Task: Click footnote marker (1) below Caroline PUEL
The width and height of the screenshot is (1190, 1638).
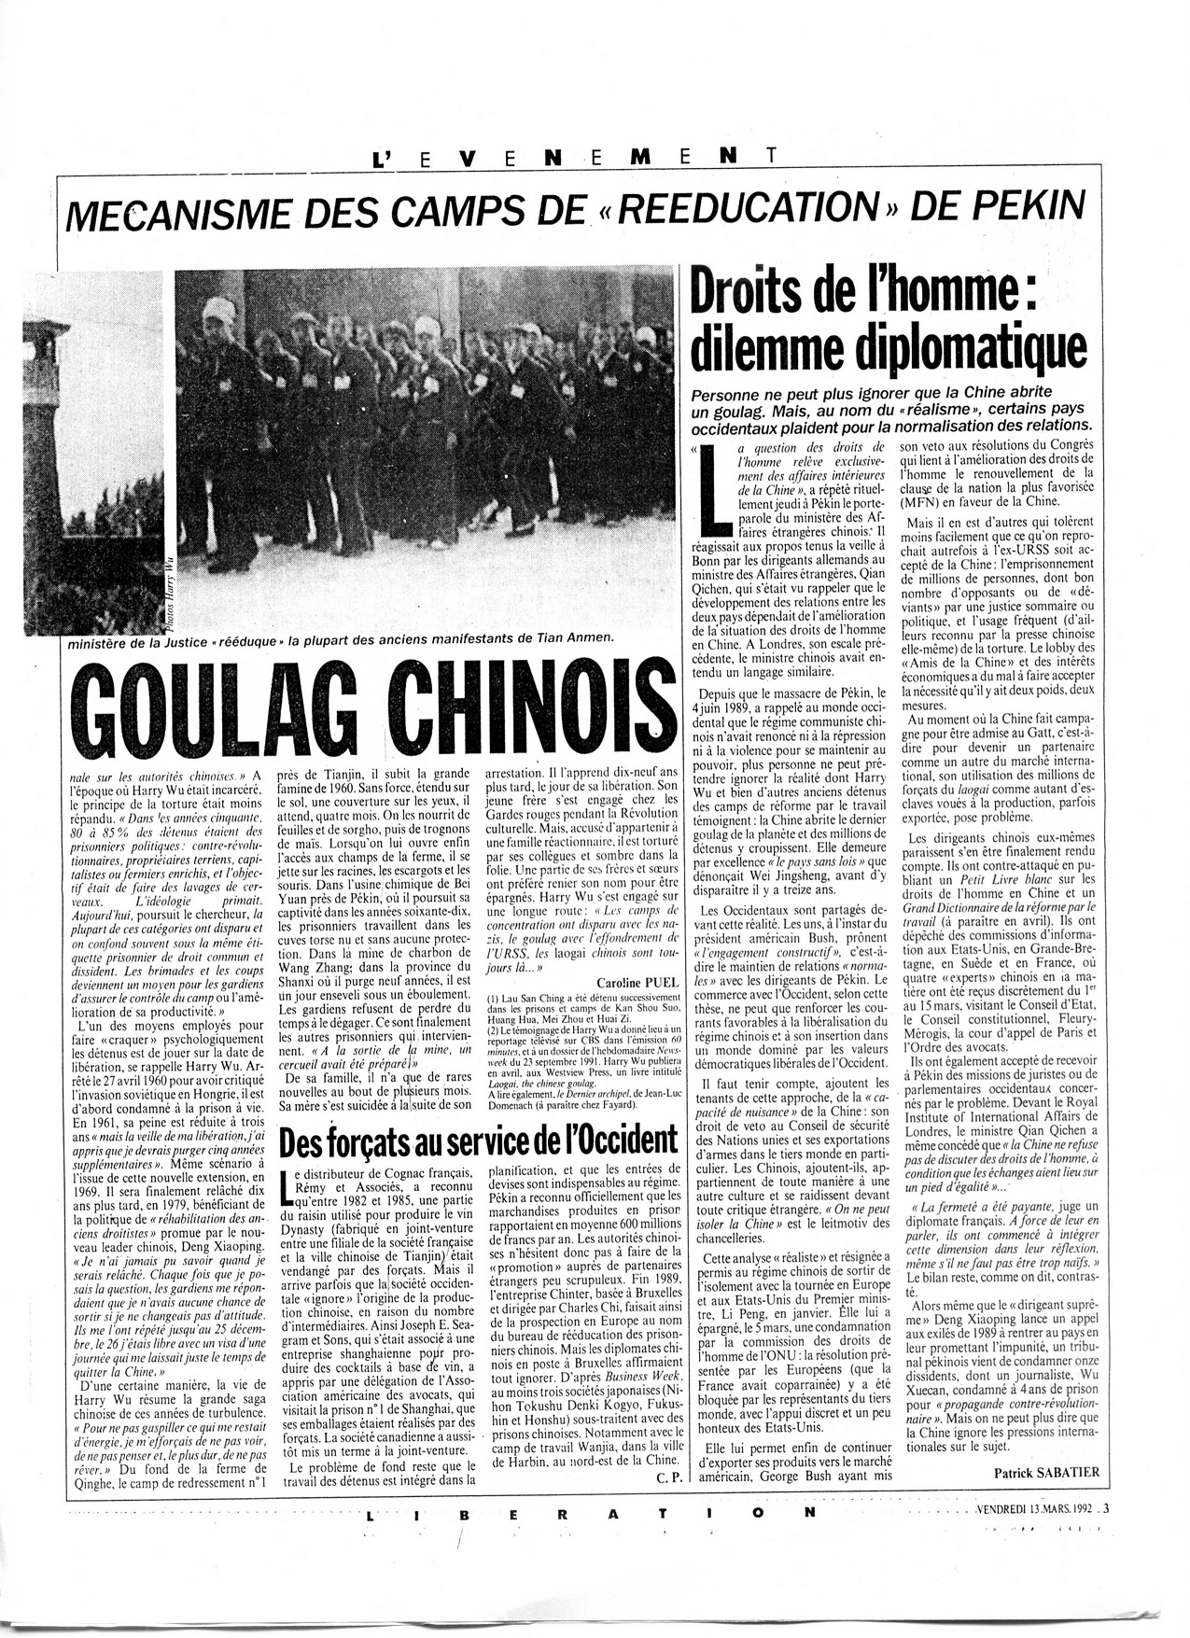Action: click(x=492, y=998)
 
